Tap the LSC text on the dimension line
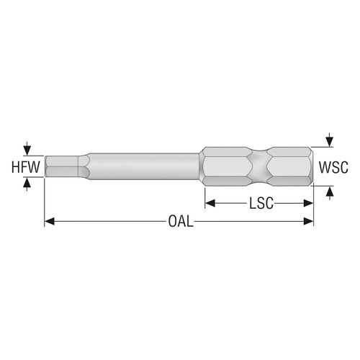click(259, 203)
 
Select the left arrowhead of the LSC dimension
click(210, 203)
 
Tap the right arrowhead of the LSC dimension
click(309, 203)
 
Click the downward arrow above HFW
click(27, 149)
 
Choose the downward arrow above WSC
click(329, 139)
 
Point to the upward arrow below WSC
click(329, 192)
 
